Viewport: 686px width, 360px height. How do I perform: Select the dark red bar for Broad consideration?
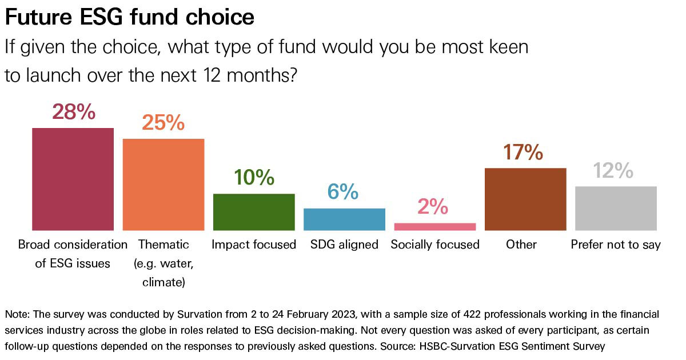[x=73, y=179]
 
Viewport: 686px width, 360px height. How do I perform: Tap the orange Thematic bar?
[x=163, y=185]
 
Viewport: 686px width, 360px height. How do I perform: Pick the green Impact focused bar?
[x=254, y=212]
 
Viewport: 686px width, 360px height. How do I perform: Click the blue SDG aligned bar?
[x=344, y=219]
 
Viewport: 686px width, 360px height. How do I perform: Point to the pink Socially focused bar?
[x=434, y=227]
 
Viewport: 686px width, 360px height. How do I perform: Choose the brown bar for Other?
[x=525, y=199]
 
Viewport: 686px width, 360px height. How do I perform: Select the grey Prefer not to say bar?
[x=616, y=209]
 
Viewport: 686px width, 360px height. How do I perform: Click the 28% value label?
[x=73, y=112]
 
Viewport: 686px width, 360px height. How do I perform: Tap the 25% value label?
[x=163, y=123]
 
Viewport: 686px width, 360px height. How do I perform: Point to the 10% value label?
[x=254, y=178]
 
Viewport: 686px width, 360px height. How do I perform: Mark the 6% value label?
[x=342, y=193]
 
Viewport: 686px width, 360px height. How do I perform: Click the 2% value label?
[x=433, y=207]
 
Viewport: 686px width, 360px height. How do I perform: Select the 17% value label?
[x=523, y=152]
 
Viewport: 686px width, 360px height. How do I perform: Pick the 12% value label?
[x=613, y=170]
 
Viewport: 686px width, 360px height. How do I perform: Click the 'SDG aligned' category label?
[x=344, y=245]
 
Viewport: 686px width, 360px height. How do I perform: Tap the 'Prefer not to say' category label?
[x=616, y=245]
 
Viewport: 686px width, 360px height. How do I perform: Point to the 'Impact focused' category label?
[x=254, y=245]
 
